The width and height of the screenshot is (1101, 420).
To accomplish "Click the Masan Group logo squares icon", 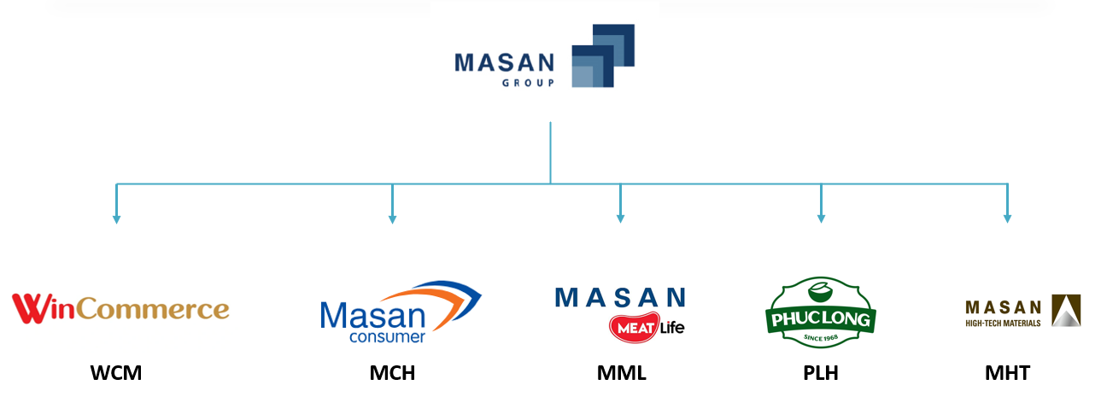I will (x=602, y=56).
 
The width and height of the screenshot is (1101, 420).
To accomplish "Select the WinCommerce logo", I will (x=120, y=308).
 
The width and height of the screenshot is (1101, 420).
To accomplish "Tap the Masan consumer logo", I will (x=400, y=312).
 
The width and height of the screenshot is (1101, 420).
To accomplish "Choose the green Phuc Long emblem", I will (x=820, y=312).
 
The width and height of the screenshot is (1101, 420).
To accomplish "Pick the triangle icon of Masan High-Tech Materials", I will (x=1065, y=311).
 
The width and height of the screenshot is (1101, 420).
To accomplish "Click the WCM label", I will (x=116, y=373).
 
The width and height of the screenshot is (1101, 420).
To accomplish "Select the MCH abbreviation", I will (x=392, y=373).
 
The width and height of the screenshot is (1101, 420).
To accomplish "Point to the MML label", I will (x=621, y=373).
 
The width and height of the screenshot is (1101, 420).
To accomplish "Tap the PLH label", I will (x=821, y=373).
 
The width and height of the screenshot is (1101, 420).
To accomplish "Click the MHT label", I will (x=1007, y=373).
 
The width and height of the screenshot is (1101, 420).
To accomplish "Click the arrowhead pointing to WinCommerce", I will (x=117, y=219).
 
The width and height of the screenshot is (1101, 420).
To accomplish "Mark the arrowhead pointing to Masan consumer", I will (x=392, y=219).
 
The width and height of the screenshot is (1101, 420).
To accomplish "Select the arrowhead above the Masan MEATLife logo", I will (x=620, y=219).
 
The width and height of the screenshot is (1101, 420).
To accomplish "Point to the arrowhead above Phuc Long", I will (x=821, y=219).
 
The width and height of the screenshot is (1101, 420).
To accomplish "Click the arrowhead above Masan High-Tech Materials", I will (x=1007, y=219).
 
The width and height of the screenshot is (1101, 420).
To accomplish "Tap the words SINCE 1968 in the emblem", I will (x=820, y=339).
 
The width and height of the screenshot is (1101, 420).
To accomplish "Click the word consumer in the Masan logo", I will (x=387, y=336).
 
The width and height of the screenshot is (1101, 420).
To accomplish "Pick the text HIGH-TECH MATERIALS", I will (x=1003, y=324).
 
